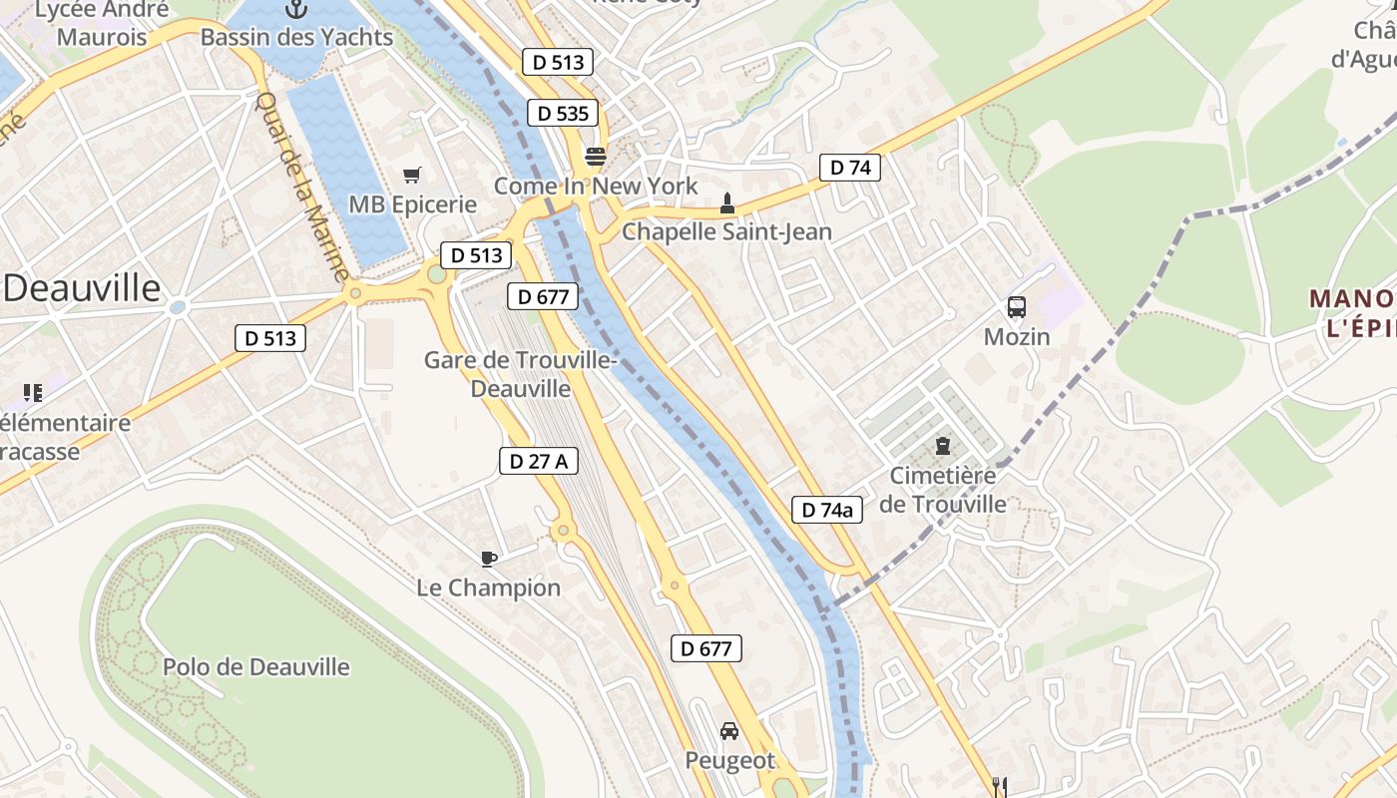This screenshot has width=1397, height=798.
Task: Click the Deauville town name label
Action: click(82, 288)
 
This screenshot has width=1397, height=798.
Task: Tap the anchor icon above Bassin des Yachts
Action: click(295, 10)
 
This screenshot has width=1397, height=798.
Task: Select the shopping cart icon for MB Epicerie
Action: click(411, 176)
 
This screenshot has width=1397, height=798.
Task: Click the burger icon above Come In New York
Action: click(596, 156)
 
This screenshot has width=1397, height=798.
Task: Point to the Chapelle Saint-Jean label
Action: click(726, 231)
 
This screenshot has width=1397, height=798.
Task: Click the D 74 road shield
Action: click(850, 168)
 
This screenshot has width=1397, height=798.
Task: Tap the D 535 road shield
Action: click(563, 114)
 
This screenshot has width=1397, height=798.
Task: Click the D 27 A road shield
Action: click(539, 461)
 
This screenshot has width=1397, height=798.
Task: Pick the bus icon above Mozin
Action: click(1017, 307)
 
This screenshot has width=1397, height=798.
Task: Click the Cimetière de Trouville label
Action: click(943, 490)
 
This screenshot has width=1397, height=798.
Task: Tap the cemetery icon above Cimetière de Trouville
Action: click(943, 445)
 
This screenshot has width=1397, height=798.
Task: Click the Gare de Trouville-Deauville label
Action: click(520, 374)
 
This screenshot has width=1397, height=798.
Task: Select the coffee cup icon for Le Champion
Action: click(488, 559)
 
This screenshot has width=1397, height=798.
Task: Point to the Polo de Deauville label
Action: click(256, 666)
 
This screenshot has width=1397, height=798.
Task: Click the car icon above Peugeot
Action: click(729, 731)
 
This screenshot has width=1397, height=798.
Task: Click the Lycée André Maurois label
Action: click(102, 24)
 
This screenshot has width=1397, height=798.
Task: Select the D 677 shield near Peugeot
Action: click(706, 648)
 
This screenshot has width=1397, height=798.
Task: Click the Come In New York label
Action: click(596, 187)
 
